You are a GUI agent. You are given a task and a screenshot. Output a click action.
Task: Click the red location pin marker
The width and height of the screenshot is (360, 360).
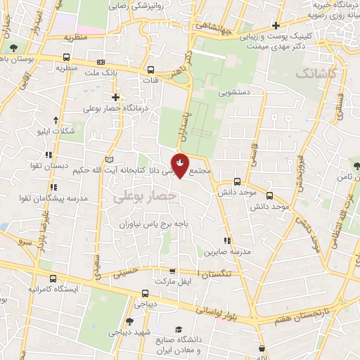[x=181, y=165]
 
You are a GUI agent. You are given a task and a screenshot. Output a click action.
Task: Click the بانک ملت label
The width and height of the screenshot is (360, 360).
[x=99, y=72]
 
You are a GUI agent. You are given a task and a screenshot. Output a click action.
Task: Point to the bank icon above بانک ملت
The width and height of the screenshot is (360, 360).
[x=100, y=61]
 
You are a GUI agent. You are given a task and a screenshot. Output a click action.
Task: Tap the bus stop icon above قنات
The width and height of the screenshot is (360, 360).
[x=151, y=70]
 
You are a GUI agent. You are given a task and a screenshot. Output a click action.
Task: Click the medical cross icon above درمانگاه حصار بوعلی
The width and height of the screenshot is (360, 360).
[x=115, y=96]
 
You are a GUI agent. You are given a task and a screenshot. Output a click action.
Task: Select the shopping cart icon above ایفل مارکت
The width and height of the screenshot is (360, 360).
[x=173, y=271]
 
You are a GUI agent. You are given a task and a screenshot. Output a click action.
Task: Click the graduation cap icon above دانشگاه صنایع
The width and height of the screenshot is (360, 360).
[x=179, y=329]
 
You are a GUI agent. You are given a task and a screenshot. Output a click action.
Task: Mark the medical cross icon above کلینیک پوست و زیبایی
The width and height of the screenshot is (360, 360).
[x=276, y=26]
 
